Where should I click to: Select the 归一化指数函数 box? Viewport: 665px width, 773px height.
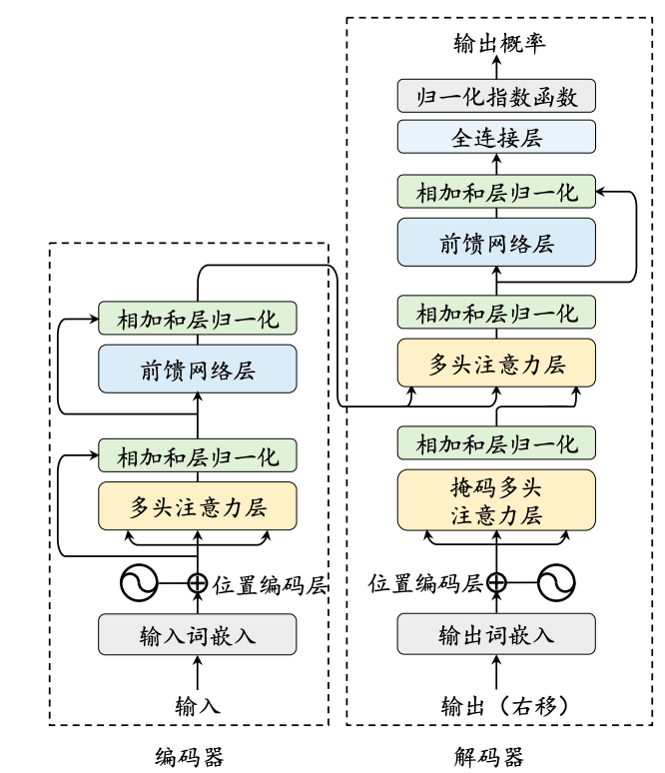click(x=496, y=97)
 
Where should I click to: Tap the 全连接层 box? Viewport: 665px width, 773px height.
click(x=496, y=138)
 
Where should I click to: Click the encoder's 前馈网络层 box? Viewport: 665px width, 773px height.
click(x=198, y=371)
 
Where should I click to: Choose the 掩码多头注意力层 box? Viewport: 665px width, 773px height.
click(x=496, y=501)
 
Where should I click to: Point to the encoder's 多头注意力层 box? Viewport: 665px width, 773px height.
click(x=198, y=506)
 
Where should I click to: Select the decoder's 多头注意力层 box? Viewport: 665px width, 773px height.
click(x=496, y=365)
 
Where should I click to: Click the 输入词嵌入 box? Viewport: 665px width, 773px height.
click(x=198, y=635)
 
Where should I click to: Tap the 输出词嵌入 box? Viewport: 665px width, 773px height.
click(x=496, y=635)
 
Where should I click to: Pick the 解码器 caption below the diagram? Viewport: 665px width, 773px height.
click(x=496, y=755)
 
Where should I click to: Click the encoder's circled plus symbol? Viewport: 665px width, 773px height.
click(x=198, y=583)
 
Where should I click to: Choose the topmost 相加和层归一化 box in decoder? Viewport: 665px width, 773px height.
click(x=496, y=192)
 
